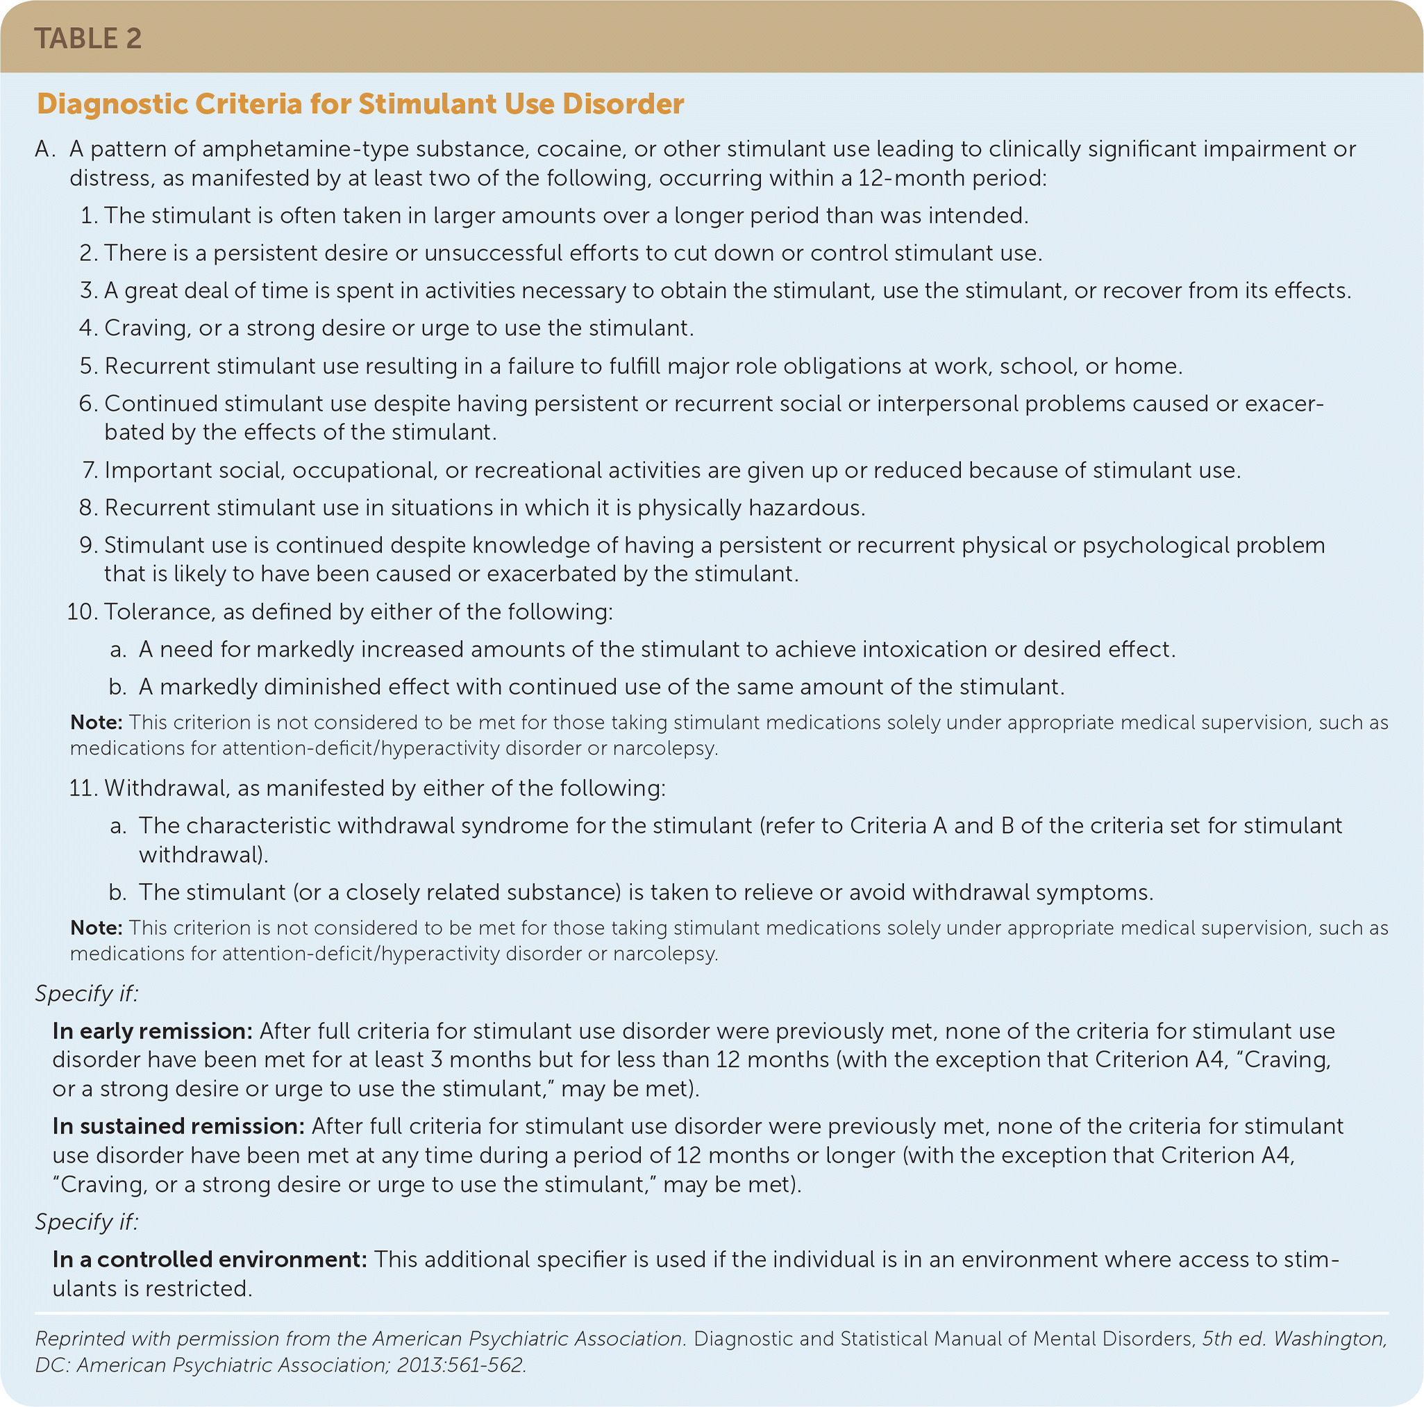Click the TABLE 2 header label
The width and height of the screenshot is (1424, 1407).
click(x=87, y=38)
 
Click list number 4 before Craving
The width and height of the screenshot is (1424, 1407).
click(x=87, y=328)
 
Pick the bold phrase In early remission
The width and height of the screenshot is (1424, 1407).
click(x=153, y=1031)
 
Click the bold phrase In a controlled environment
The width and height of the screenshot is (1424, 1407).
click(x=209, y=1259)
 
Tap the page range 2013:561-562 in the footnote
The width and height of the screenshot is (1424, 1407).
click(x=460, y=1365)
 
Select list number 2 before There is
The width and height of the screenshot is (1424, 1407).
click(x=87, y=253)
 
